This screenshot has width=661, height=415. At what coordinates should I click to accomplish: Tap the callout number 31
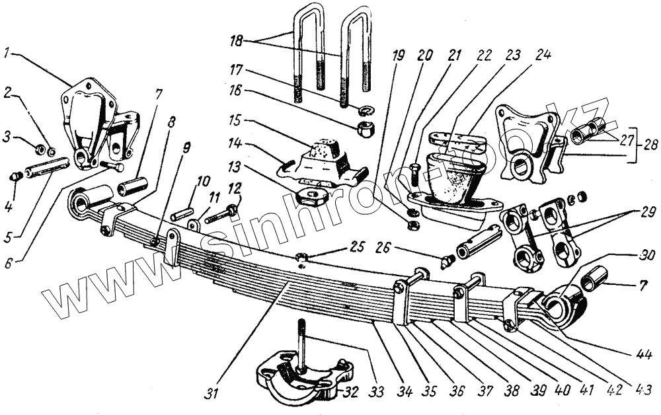click(210, 394)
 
